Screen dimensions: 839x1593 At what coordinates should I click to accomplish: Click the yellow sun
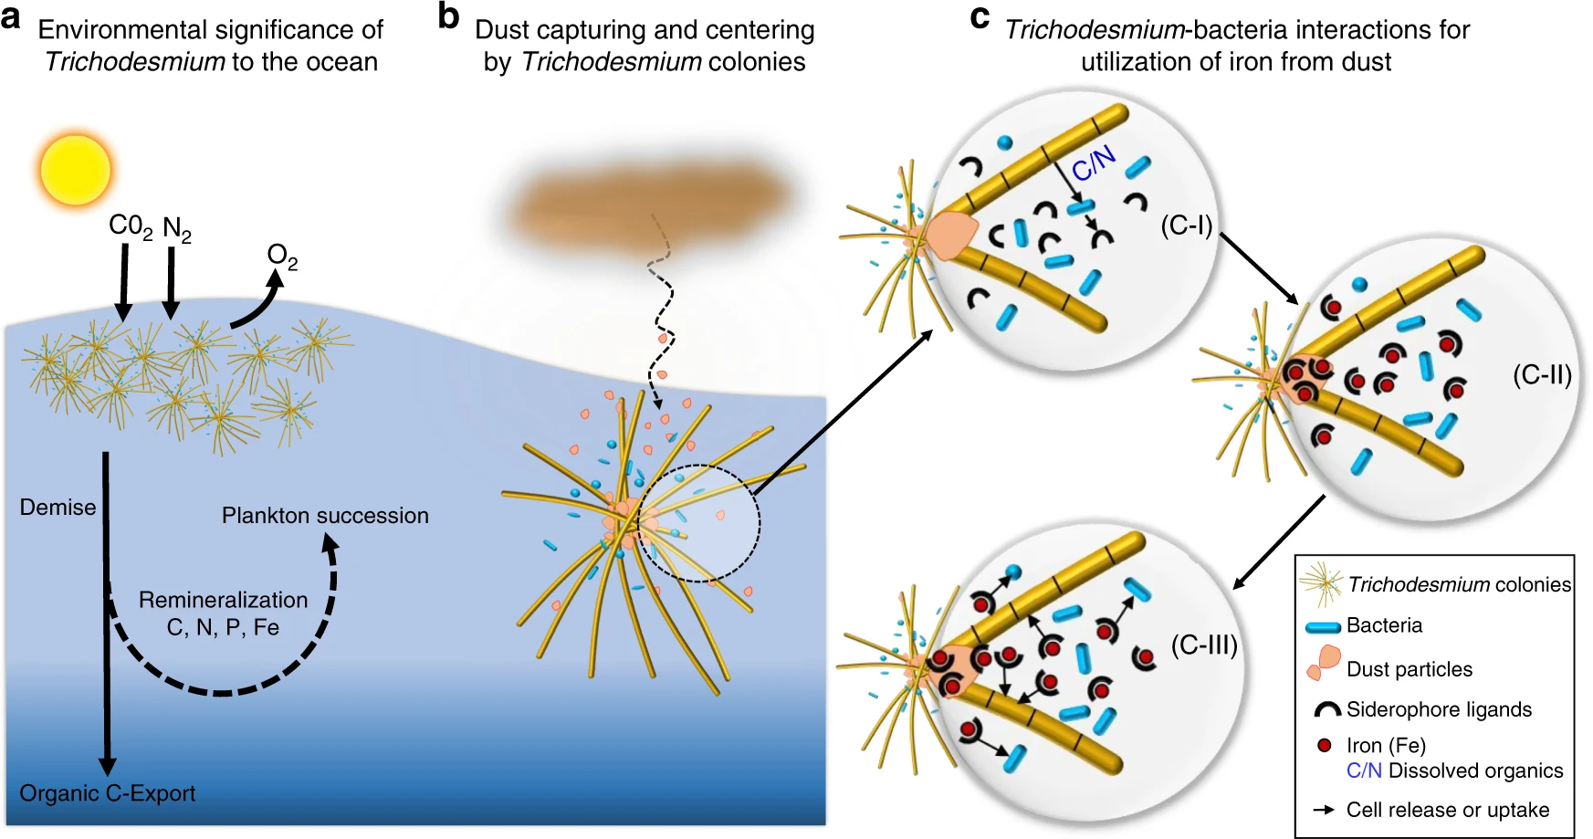[x=76, y=171]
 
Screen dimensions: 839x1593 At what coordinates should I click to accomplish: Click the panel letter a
[x=11, y=17]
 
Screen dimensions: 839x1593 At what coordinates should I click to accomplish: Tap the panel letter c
[x=980, y=17]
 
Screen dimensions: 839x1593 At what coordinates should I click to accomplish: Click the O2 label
[x=282, y=257]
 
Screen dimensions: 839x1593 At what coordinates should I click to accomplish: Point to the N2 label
[x=177, y=229]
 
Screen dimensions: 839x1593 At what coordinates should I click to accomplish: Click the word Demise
[x=58, y=508]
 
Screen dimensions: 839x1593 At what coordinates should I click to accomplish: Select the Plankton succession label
[x=325, y=516]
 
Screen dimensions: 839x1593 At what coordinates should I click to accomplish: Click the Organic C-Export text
[x=108, y=793]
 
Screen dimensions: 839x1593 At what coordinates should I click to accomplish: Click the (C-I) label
[x=1186, y=225]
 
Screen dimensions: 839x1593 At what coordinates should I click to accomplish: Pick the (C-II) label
[x=1542, y=375]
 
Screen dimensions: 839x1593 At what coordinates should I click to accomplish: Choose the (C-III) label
[x=1204, y=645]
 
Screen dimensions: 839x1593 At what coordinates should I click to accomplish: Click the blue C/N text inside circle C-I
[x=1093, y=164]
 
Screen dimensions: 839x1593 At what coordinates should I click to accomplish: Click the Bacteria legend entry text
[x=1384, y=625]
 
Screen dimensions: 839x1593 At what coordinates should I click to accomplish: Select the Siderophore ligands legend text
[x=1439, y=709]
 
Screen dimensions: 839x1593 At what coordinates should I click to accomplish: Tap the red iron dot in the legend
[x=1325, y=746]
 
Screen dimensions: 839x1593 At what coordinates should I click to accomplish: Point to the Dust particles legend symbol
[x=1325, y=663]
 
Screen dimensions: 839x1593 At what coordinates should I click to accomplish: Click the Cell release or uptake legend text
[x=1447, y=810]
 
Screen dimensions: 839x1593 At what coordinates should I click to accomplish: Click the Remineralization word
[x=223, y=600]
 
